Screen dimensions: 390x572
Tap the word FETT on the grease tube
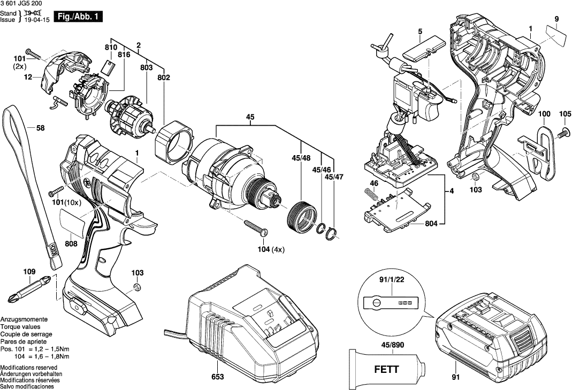point(385,368)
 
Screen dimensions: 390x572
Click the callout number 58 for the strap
point(40,128)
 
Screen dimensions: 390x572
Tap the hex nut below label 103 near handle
point(136,288)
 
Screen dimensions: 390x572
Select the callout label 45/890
point(388,345)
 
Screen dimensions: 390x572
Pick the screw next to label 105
point(565,130)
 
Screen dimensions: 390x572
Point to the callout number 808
point(71,243)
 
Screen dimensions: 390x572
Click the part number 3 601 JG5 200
point(22,4)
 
